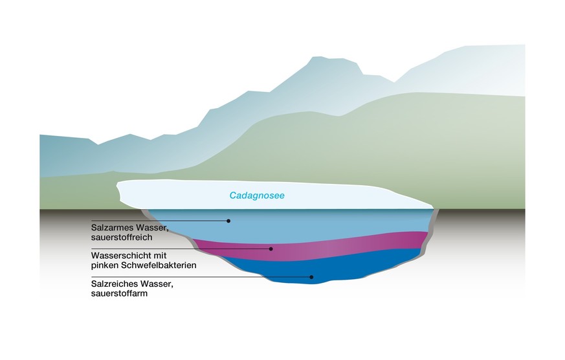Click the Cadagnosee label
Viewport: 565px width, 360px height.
[x=257, y=195]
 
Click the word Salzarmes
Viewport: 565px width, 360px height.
[x=111, y=228]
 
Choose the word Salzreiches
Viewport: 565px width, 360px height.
[x=112, y=284]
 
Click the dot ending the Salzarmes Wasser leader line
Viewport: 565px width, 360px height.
[x=228, y=221]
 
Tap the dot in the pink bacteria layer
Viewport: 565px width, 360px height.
[x=271, y=249]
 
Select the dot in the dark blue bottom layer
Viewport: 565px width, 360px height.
[x=311, y=277]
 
